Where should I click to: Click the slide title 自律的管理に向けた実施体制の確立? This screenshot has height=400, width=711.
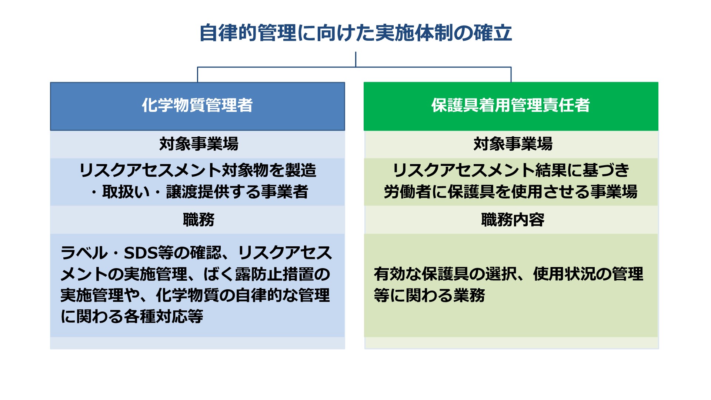coord(355,33)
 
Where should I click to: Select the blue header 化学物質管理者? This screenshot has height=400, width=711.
coord(197,106)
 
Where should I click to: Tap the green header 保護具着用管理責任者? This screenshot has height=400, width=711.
coord(511,106)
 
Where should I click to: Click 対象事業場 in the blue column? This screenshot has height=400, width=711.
coord(199,144)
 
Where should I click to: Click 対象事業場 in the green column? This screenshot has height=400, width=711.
coord(513,144)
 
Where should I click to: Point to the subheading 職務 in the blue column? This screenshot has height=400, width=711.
coord(199,220)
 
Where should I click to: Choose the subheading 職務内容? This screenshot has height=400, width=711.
coord(513,220)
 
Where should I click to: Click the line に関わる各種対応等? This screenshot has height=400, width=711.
coord(132,317)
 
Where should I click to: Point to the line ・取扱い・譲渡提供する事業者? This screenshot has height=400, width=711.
coord(199,192)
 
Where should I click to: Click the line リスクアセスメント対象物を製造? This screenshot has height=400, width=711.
coord(198,170)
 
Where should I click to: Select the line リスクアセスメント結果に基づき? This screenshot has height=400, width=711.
coord(511,170)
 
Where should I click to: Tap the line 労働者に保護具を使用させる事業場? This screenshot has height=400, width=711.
coord(511,192)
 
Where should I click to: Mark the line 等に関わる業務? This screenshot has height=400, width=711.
coord(430,296)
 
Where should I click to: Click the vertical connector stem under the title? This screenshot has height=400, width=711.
coord(355,59)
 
